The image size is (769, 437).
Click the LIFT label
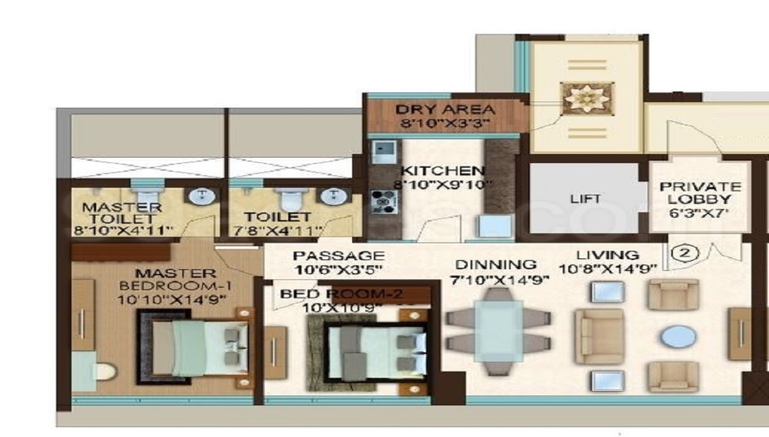pos(585,198)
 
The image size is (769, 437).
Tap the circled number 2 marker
pos(684,254)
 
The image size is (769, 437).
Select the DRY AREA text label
pos(444,109)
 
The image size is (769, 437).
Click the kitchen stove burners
pos(383,202)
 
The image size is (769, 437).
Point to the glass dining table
pos(498,332)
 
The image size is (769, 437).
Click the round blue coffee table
pos(677,337)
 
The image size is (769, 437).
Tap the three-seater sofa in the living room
pos(599,336)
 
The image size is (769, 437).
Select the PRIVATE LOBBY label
pos(700,193)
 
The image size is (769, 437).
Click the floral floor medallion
pos(587,98)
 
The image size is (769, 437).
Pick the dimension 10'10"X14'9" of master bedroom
pos(171,299)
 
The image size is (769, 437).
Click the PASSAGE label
pos(338,255)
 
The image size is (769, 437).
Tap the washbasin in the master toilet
pos(201,196)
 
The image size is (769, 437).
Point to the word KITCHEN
pos(442,171)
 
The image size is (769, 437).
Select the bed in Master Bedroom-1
pos(195,348)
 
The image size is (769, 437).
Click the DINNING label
pos(496,265)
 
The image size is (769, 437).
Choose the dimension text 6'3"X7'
pos(699,213)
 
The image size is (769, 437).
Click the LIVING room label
pos(608,255)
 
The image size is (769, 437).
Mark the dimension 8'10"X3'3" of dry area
pos(444,122)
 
